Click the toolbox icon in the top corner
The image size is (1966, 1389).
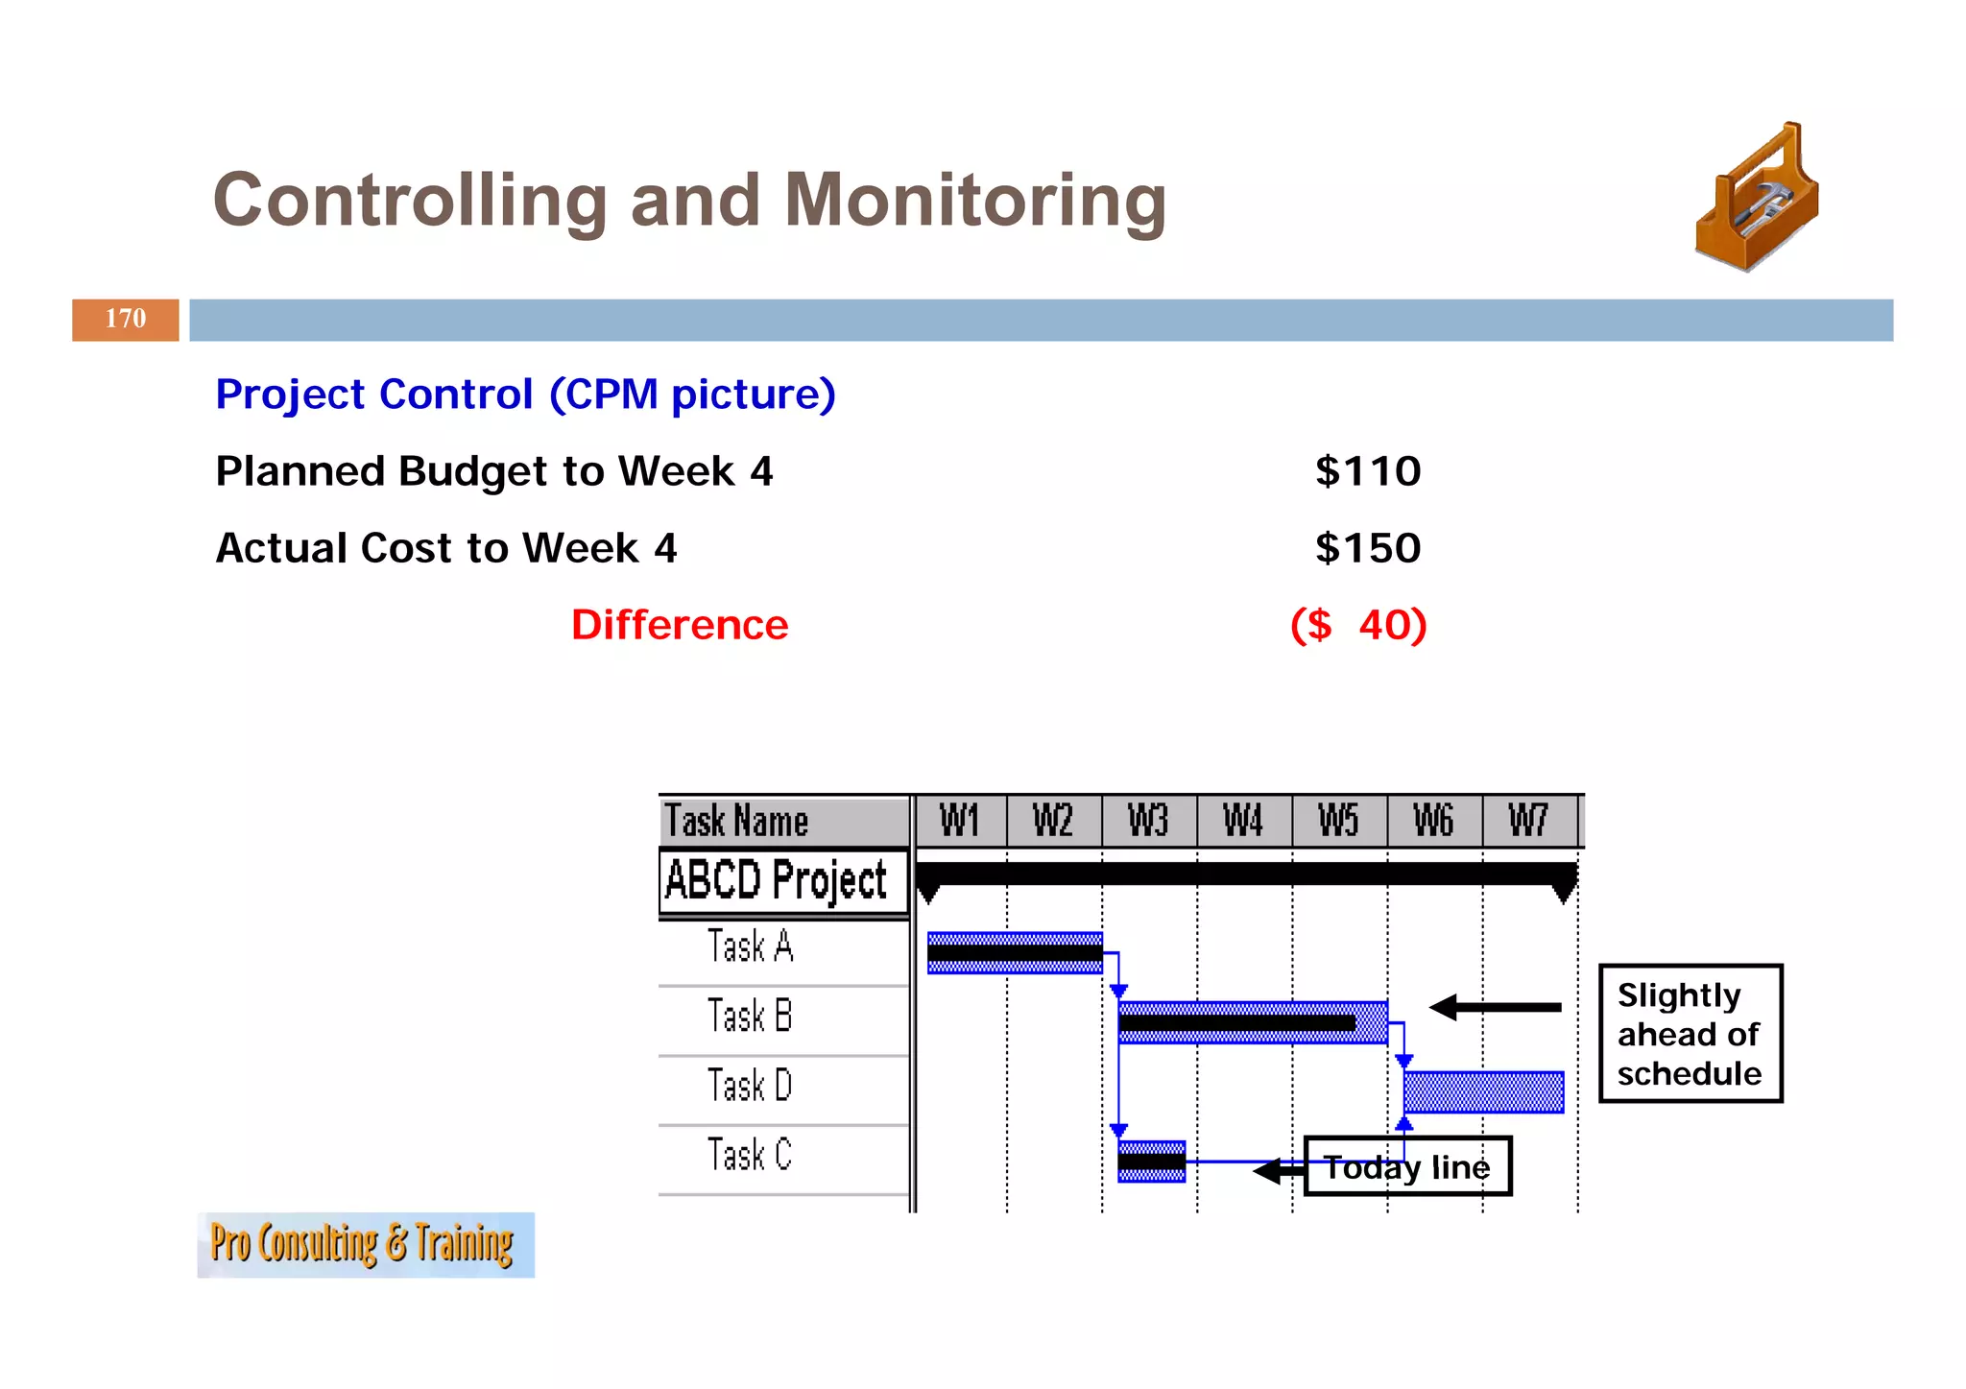click(x=1757, y=198)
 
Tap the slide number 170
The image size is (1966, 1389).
click(x=126, y=320)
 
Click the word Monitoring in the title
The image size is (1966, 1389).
click(x=974, y=201)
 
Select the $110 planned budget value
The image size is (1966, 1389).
click(x=1367, y=471)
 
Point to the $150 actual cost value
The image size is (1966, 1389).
click(x=1367, y=548)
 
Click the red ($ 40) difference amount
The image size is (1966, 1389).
click(x=1358, y=625)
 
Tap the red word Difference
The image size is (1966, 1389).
click(x=680, y=625)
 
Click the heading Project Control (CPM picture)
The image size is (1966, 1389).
click(x=525, y=395)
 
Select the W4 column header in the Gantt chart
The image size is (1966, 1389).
click(x=1243, y=822)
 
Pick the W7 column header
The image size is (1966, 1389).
click(x=1528, y=822)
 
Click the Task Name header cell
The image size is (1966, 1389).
click(x=736, y=822)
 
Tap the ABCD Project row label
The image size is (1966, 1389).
click(x=776, y=880)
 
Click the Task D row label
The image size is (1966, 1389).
click(x=750, y=1086)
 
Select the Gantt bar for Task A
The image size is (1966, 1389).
click(x=1015, y=953)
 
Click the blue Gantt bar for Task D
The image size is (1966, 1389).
click(x=1483, y=1092)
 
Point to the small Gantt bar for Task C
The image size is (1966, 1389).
click(x=1151, y=1161)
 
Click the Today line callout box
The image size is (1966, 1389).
click(x=1407, y=1167)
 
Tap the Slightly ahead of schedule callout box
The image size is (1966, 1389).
click(x=1690, y=1034)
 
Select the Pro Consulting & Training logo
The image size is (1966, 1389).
click(x=365, y=1245)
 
